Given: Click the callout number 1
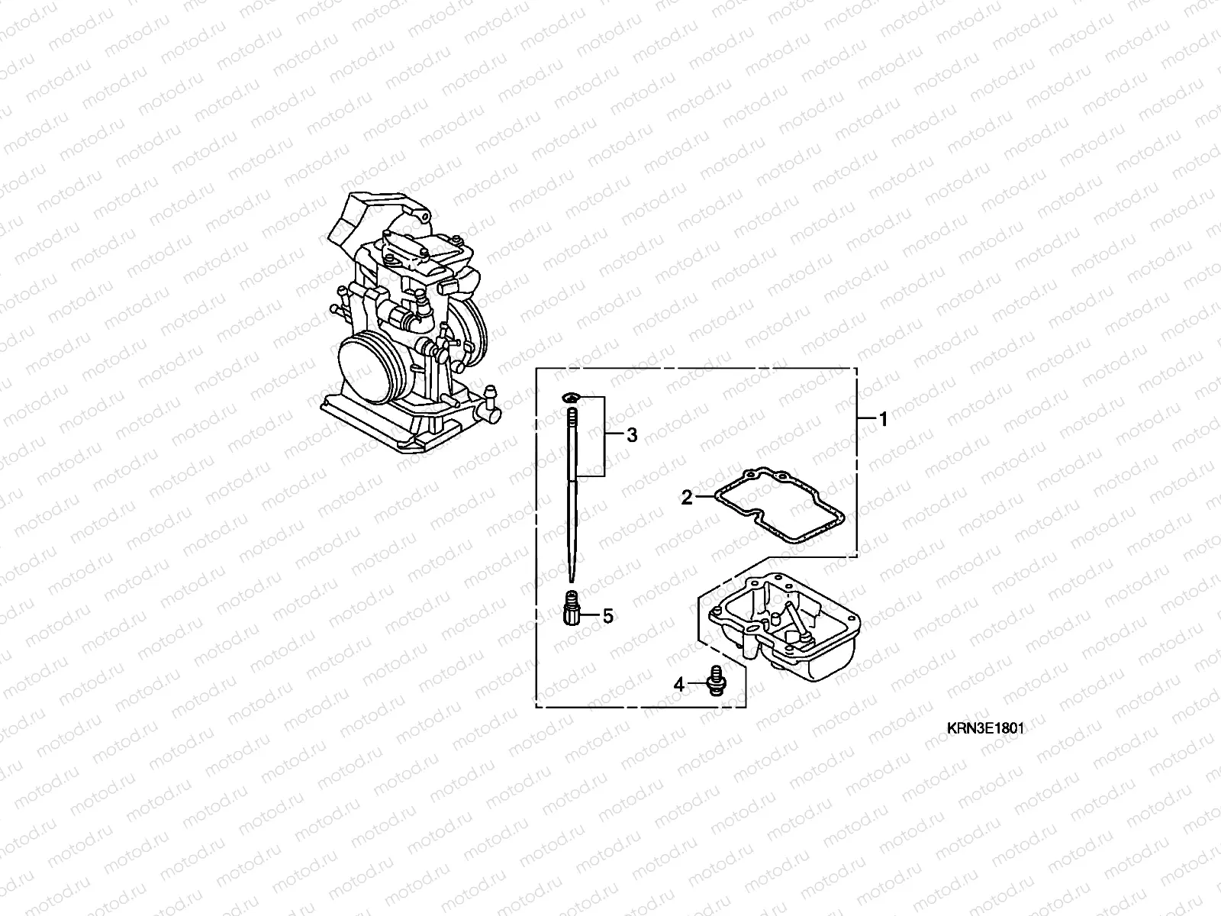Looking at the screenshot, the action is pyautogui.click(x=883, y=419).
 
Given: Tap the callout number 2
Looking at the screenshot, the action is pyautogui.click(x=687, y=498).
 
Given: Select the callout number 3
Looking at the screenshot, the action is pyautogui.click(x=631, y=435).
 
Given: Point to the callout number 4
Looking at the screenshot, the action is pyautogui.click(x=679, y=685).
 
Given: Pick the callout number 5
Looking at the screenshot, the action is pyautogui.click(x=607, y=615).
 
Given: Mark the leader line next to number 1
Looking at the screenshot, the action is pyautogui.click(x=865, y=419).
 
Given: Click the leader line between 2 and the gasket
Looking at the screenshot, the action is pyautogui.click(x=704, y=498).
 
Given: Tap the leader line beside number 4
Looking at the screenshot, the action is pyautogui.click(x=697, y=685).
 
